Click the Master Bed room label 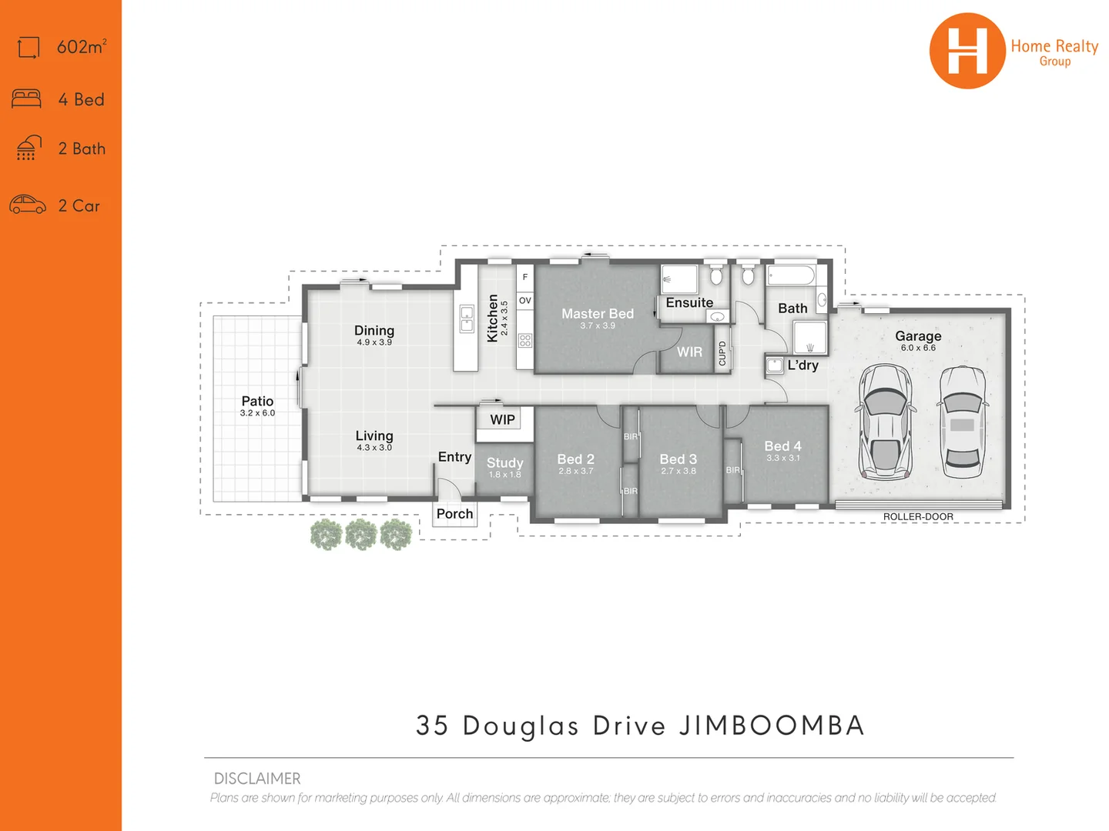[597, 314]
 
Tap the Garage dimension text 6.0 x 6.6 [918, 348]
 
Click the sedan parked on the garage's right [962, 422]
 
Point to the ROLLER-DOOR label [918, 517]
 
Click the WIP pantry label [502, 419]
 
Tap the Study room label [504, 462]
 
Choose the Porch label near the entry [454, 513]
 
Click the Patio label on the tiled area [257, 401]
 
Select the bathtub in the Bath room [791, 276]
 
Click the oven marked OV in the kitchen [525, 301]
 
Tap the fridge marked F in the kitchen [525, 277]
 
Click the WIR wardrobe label [689, 352]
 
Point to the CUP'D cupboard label [722, 353]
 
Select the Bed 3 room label [678, 459]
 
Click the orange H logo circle [967, 51]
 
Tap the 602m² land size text [82, 47]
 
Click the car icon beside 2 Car [28, 205]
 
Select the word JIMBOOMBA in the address [772, 726]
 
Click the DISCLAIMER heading [257, 778]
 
